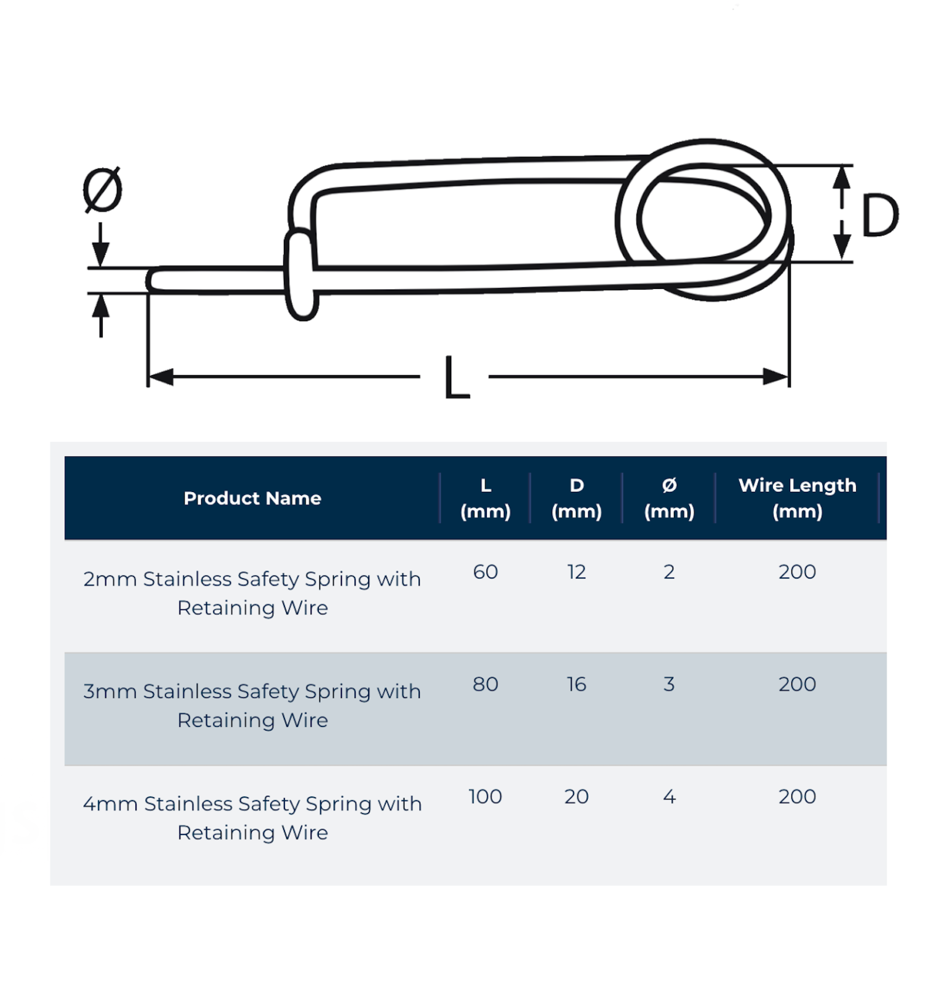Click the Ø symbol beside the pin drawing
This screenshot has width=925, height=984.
[x=102, y=189]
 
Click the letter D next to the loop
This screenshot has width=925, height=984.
[x=879, y=215]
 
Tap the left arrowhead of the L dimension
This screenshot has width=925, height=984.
[x=161, y=376]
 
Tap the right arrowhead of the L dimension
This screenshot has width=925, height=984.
[x=776, y=376]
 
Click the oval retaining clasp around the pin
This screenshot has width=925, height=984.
[x=301, y=275]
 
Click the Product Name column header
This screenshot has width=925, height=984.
[x=252, y=498]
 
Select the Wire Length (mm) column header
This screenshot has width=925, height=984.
[x=797, y=498]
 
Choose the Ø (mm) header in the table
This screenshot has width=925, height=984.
[x=669, y=498]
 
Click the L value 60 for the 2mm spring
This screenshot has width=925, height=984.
[x=485, y=572]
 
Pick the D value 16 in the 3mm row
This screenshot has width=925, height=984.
[x=576, y=684]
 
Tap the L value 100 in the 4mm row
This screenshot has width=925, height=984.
[x=485, y=796]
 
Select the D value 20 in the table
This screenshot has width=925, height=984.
[x=576, y=796]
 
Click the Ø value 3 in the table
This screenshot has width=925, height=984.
[x=669, y=684]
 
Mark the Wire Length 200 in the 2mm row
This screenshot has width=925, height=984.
[x=797, y=572]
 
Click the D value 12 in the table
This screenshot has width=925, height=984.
[x=576, y=572]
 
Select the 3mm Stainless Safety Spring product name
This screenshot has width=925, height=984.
[x=252, y=705]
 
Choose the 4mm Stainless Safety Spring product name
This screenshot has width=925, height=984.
[x=252, y=817]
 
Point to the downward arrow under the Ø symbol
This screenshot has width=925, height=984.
[x=100, y=252]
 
